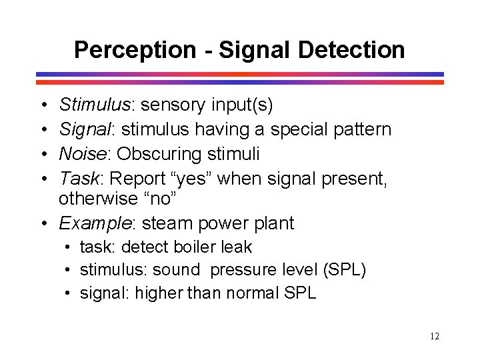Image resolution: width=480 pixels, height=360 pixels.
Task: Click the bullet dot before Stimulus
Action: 42,105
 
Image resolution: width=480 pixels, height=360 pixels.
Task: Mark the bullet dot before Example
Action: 42,223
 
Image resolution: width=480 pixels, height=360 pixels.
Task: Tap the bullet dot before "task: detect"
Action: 69,247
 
